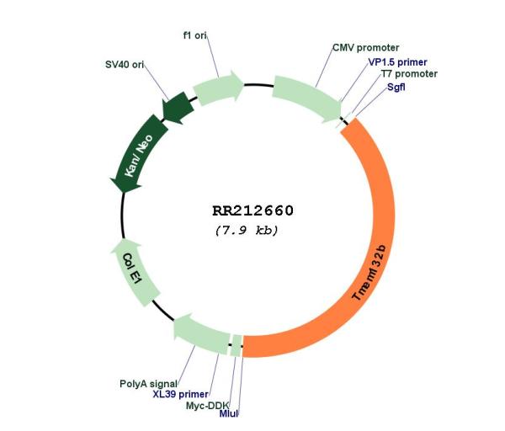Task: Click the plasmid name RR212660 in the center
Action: [x=252, y=210]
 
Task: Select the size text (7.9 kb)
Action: [x=247, y=231]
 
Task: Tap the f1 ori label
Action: [x=195, y=35]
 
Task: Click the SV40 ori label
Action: [x=125, y=65]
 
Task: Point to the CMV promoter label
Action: [x=365, y=48]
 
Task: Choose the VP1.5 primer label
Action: [x=397, y=61]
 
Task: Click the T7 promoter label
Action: [x=409, y=74]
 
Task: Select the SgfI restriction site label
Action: [x=396, y=87]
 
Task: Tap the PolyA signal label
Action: [x=148, y=384]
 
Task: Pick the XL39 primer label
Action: [x=180, y=394]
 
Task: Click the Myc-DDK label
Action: [x=207, y=406]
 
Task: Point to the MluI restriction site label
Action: [x=229, y=413]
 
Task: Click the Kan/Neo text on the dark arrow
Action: [x=139, y=156]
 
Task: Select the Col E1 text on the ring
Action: [x=132, y=269]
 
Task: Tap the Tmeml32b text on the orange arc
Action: [x=369, y=273]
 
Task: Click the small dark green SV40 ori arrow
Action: [x=178, y=108]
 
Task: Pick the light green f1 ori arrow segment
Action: [x=218, y=88]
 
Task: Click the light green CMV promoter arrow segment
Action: [x=307, y=98]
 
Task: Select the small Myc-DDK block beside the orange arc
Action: [x=237, y=346]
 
